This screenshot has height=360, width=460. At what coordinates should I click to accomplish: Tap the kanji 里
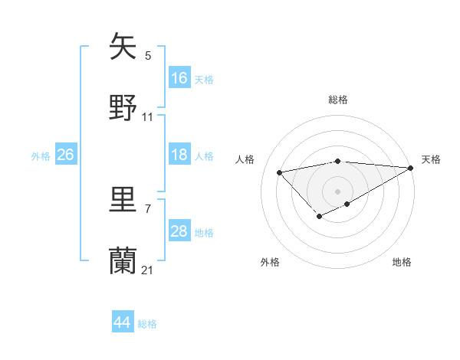(x=123, y=200)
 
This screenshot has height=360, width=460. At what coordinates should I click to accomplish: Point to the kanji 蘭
(x=123, y=261)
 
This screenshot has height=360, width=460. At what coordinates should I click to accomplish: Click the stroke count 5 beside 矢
(x=148, y=55)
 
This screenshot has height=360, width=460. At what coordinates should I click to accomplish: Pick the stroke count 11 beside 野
(x=148, y=116)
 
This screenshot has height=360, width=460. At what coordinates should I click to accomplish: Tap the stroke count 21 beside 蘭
(x=148, y=270)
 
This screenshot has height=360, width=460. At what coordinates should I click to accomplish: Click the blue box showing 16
(x=179, y=77)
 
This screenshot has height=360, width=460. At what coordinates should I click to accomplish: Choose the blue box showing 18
(x=179, y=155)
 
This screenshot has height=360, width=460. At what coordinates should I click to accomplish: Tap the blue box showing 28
(x=179, y=231)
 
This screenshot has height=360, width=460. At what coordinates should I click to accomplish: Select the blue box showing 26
(x=65, y=155)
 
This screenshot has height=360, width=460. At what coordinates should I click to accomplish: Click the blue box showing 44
(x=123, y=322)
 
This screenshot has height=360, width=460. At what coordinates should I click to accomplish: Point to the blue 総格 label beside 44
(x=147, y=324)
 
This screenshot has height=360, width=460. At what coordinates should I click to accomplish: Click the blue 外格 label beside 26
(x=41, y=156)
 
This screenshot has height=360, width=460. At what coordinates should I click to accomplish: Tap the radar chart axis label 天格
(x=431, y=159)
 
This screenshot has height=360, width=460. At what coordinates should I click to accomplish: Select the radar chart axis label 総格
(x=338, y=100)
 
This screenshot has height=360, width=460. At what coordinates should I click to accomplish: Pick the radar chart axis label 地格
(x=402, y=262)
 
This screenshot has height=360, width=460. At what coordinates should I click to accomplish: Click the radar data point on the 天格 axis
(x=410, y=168)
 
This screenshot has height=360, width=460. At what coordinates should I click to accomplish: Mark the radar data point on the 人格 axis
(x=280, y=172)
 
